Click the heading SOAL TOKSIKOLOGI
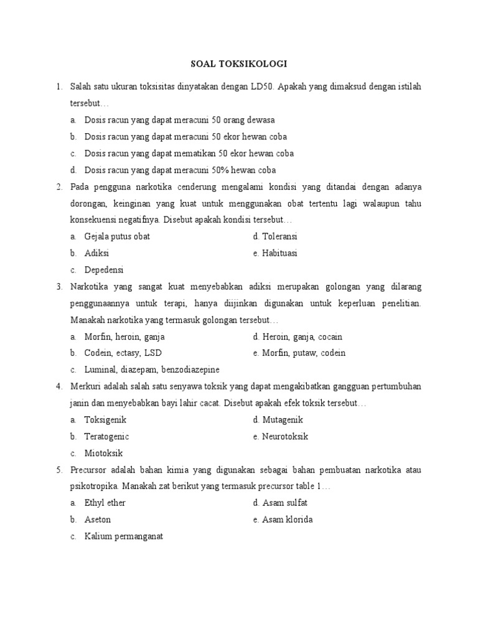[238, 63]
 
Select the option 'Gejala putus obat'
[117, 237]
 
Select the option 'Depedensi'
[104, 270]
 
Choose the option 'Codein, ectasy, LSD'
[123, 353]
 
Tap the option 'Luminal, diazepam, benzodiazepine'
[152, 370]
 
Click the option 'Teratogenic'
[106, 437]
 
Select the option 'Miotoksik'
[103, 453]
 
